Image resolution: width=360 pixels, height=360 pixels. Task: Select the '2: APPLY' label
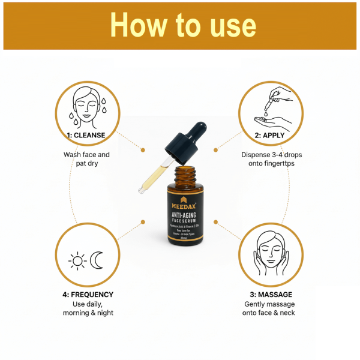(x=270, y=136)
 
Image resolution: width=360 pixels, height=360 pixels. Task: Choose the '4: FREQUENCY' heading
(x=88, y=295)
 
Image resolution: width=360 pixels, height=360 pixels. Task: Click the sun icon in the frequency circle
(x=77, y=260)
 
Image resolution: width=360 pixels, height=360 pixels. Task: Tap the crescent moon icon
(x=97, y=260)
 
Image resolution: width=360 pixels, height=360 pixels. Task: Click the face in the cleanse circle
(x=86, y=106)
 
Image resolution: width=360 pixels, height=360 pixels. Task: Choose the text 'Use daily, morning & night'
(x=88, y=308)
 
